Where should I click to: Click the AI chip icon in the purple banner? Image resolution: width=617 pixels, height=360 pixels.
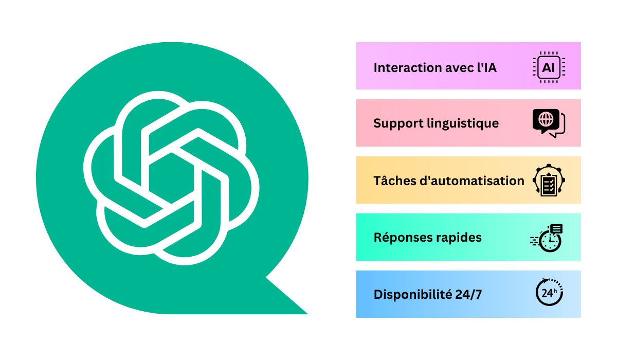pyautogui.click(x=549, y=67)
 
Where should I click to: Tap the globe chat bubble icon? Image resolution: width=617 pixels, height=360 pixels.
pyautogui.click(x=548, y=123)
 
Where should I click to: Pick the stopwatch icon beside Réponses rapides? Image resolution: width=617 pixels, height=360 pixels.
pyautogui.click(x=548, y=239)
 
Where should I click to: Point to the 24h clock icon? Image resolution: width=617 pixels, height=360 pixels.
pyautogui.click(x=549, y=293)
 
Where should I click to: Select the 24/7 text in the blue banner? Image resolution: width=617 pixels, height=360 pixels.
pyautogui.click(x=468, y=295)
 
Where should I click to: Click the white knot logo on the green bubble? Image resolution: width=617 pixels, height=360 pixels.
pyautogui.click(x=171, y=177)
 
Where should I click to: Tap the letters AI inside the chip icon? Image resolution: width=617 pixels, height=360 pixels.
pyautogui.click(x=549, y=67)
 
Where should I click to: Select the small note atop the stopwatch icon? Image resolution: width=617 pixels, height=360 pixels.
pyautogui.click(x=556, y=229)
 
